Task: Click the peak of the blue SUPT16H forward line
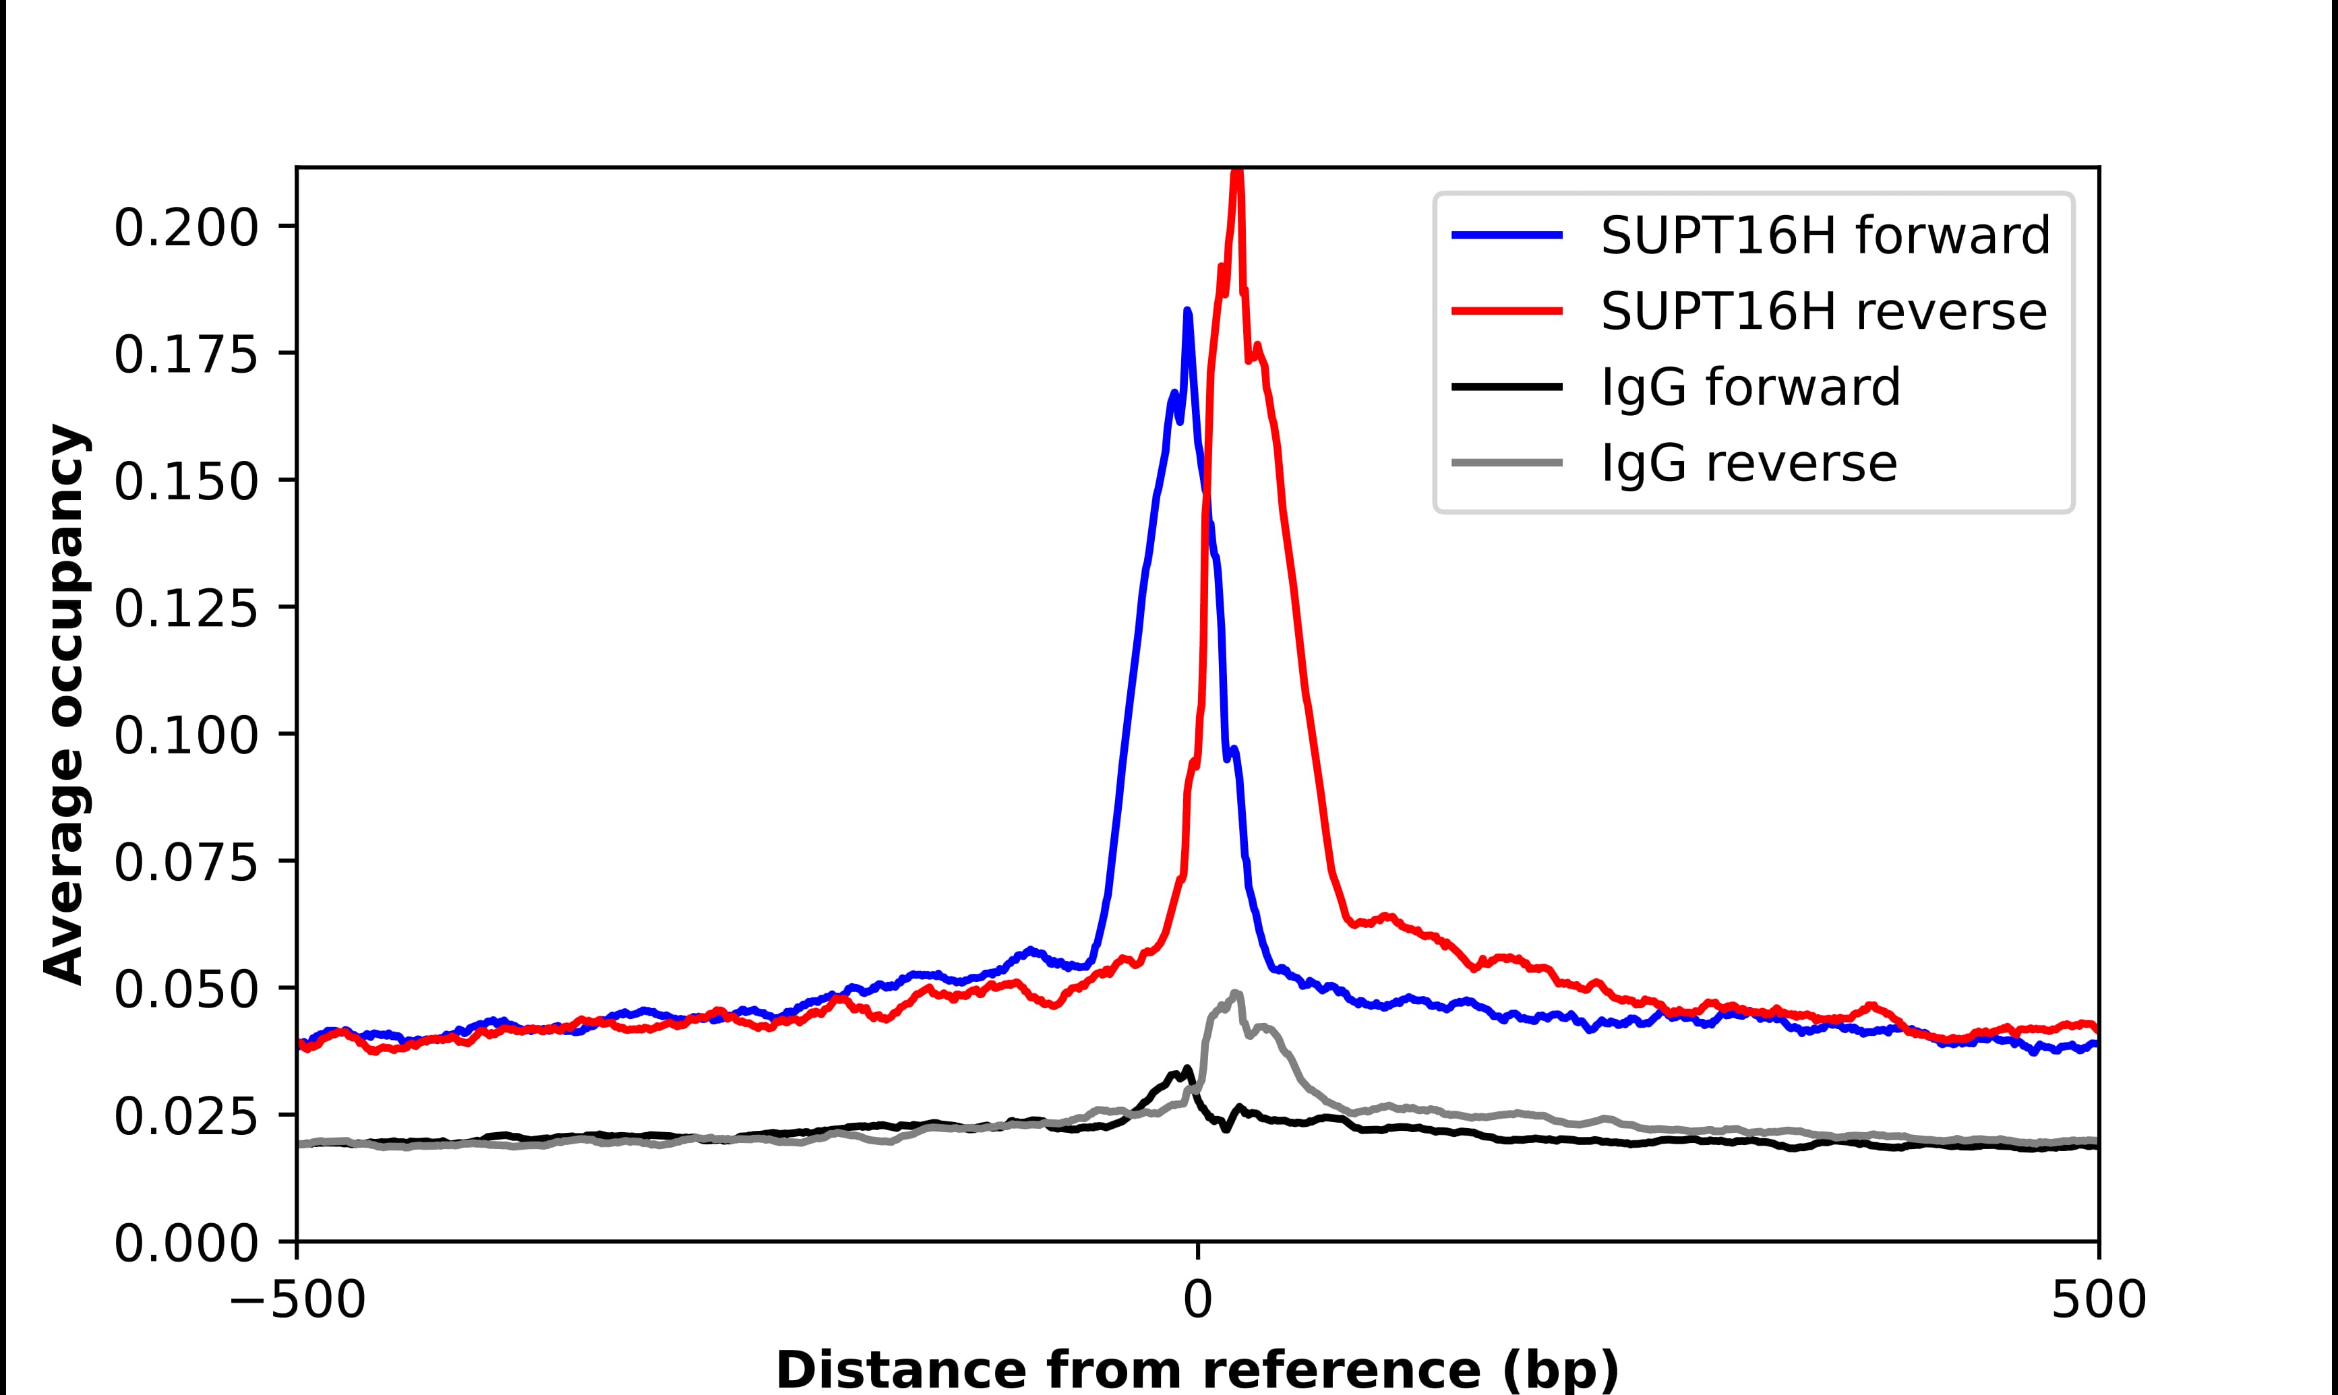1187,311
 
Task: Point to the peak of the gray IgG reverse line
1235,993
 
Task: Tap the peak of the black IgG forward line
1187,1069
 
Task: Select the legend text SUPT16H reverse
1823,311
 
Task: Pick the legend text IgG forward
1750,387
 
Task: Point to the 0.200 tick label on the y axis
186,228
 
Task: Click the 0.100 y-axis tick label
186,735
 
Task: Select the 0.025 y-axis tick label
186,1116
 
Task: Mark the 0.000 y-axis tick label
186,1243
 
